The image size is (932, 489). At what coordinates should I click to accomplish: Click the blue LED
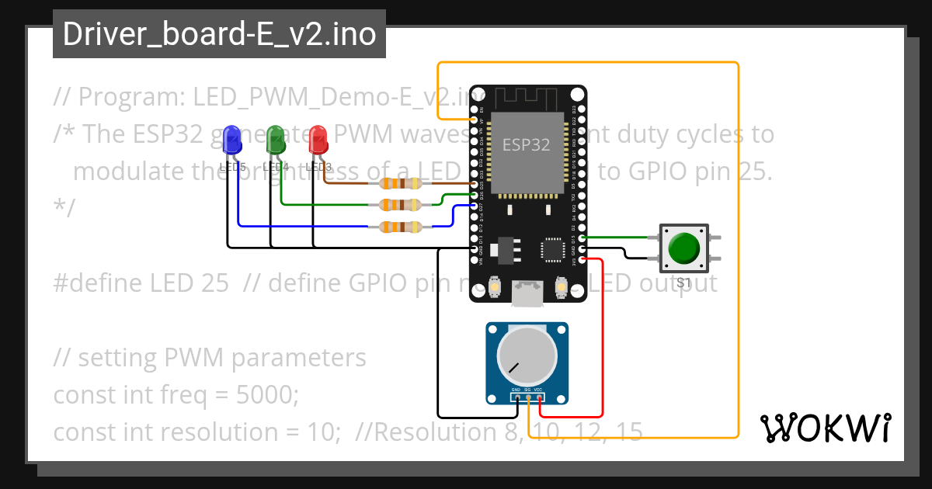(x=231, y=140)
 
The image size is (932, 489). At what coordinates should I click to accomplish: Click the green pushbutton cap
(x=683, y=248)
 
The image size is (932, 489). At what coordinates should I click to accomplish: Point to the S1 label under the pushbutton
(x=683, y=283)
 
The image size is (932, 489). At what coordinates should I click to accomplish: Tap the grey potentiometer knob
(x=527, y=358)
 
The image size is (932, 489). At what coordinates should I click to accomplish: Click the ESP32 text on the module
(x=527, y=145)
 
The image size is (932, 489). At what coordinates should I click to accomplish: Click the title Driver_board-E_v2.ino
(x=219, y=35)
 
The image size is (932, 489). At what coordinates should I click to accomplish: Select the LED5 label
(x=232, y=167)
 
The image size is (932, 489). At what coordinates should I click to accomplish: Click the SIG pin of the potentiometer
(x=528, y=398)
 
